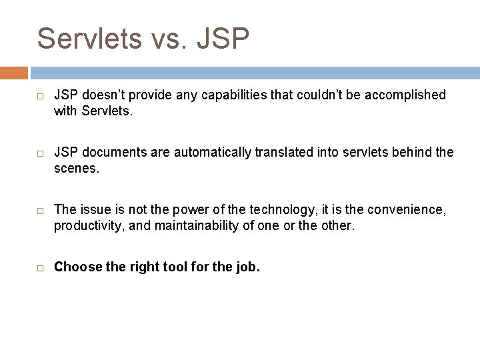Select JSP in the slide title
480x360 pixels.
tap(223, 39)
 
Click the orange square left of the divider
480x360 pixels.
tap(14, 73)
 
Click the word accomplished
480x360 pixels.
tap(406, 95)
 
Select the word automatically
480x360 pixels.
tap(216, 153)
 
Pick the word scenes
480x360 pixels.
tap(76, 169)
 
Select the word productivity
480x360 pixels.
tap(89, 226)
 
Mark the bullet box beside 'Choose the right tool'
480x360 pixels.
tap(41, 268)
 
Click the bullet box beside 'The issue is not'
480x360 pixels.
tap(41, 211)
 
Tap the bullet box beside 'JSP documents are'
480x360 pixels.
tap(41, 153)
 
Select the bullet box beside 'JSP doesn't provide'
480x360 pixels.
tap(41, 96)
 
